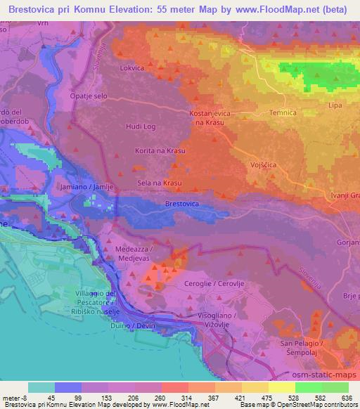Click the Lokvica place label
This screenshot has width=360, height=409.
[132, 68]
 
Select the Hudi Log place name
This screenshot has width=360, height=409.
[139, 126]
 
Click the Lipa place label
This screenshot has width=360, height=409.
[335, 105]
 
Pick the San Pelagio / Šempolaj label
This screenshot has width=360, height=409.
[300, 346]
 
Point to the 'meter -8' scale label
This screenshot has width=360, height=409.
[13, 397]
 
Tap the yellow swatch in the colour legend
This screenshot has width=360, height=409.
[281, 387]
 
